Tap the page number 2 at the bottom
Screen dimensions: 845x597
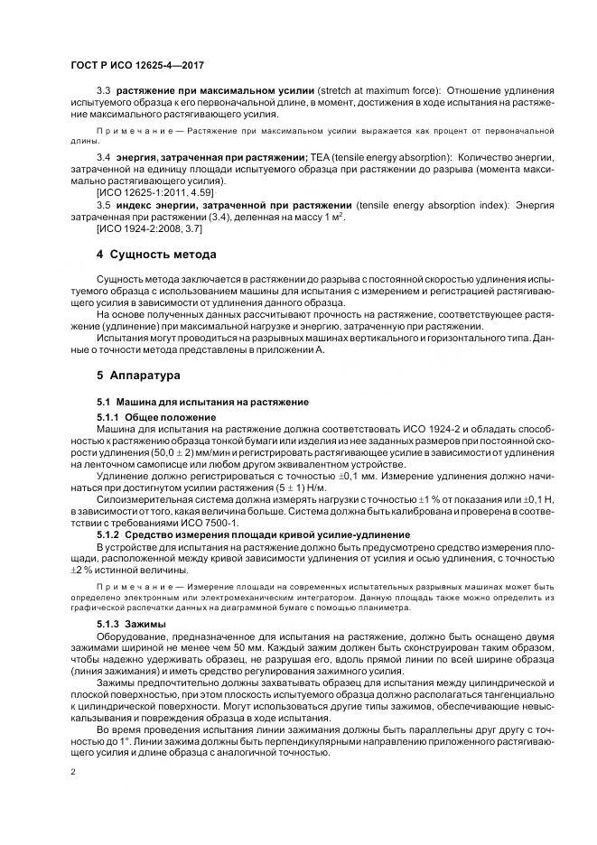[72, 773]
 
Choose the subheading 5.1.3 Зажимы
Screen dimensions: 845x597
[125, 624]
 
